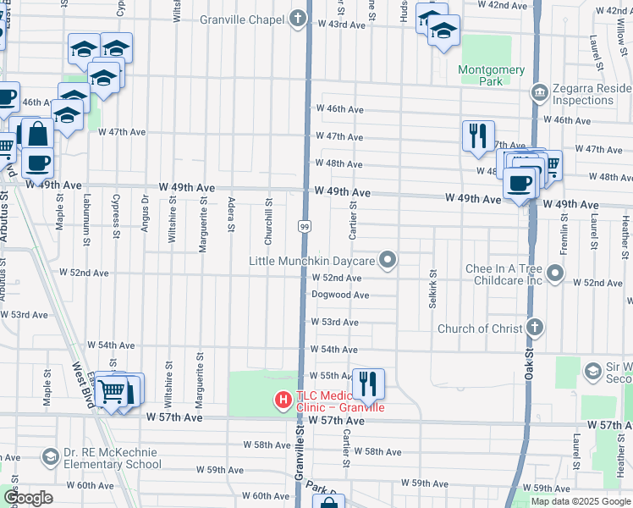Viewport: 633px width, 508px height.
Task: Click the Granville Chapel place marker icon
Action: (297, 18)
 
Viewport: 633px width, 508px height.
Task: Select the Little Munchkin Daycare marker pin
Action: (388, 261)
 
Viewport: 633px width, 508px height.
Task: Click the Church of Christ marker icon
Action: (534, 328)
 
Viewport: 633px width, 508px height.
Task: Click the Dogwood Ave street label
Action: (340, 295)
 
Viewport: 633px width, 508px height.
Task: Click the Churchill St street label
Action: (268, 216)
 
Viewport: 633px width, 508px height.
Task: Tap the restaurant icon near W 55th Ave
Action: (368, 383)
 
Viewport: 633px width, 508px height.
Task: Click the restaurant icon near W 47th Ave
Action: (478, 135)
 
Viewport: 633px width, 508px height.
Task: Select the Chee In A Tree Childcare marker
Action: (555, 273)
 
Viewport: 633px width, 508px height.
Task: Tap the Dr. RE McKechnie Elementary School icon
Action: (51, 457)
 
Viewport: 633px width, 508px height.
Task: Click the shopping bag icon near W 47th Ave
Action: (37, 133)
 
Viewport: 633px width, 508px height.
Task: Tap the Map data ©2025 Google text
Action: (580, 501)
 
